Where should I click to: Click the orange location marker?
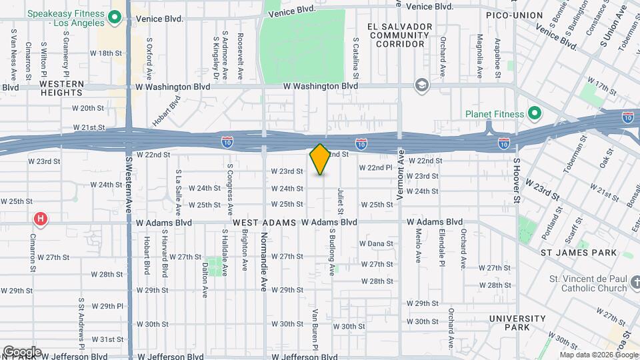coord(320,159)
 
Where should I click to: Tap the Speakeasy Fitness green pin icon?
coord(114,17)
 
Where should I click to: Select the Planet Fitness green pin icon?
coord(534,113)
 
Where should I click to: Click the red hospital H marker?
coord(41,219)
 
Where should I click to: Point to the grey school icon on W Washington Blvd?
coord(421,85)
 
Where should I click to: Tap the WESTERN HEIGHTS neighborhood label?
coord(61,89)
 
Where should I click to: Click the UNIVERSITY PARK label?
coord(517,323)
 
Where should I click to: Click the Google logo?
coord(22,351)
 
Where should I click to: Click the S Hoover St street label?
coord(516,181)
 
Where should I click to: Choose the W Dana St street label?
coord(376,243)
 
